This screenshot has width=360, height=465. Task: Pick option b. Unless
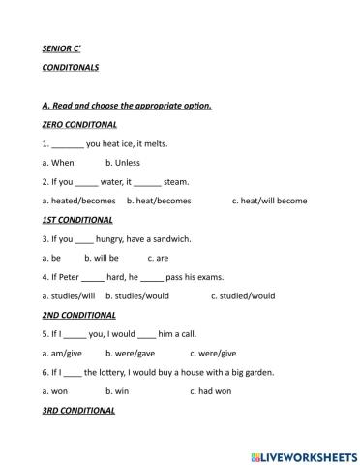[123, 163]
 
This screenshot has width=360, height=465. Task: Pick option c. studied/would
[243, 295]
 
